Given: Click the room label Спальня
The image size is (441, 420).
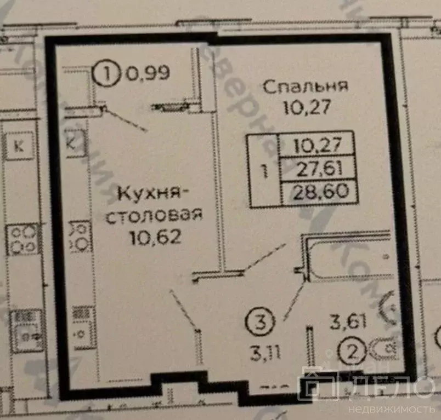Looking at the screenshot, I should click(x=306, y=87).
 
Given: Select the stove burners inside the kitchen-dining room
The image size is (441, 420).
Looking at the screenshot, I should click(x=80, y=235).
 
